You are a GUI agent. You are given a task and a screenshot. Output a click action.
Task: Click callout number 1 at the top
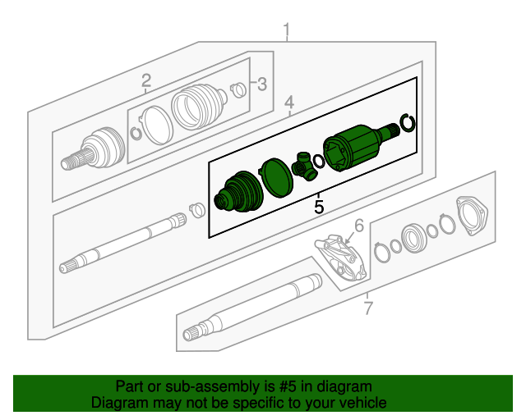(x=287, y=32)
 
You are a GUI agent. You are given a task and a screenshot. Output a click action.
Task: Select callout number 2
(x=145, y=80)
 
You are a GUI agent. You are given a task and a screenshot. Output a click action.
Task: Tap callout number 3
(x=261, y=84)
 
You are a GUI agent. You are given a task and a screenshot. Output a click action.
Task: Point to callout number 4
(x=289, y=103)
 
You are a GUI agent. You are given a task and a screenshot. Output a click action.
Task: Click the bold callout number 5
(x=319, y=207)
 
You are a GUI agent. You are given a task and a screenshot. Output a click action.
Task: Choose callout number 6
(x=358, y=226)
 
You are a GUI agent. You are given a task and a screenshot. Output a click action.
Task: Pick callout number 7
(x=368, y=308)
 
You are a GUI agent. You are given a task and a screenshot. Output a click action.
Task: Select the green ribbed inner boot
(x=237, y=194)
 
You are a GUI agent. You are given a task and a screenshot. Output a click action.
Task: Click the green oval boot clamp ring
(x=275, y=177)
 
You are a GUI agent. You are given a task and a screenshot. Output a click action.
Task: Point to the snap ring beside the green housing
(x=406, y=125)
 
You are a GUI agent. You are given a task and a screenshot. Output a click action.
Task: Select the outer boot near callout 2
(x=198, y=106)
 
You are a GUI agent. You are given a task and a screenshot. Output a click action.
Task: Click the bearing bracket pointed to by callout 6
(x=341, y=257)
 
